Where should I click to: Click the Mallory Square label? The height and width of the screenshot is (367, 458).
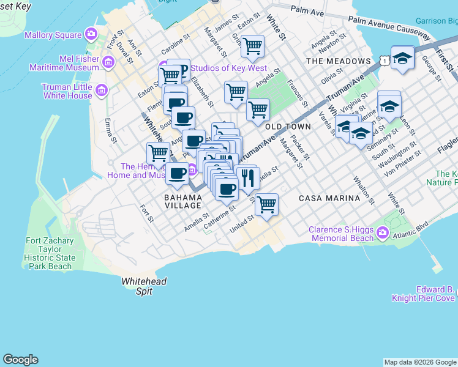[53, 35]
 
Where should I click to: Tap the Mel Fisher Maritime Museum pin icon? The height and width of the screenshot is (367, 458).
[108, 62]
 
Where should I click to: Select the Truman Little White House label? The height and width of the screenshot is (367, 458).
[67, 91]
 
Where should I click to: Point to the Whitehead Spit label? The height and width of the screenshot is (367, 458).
[144, 286]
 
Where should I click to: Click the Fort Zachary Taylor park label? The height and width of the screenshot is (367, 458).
[51, 253]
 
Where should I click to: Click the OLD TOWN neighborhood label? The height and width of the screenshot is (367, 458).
[288, 126]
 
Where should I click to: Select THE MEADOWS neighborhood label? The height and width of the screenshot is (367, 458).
[339, 61]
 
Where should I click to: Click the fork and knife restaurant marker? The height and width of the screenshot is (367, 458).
[247, 178]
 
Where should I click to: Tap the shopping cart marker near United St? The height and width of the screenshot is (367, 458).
[266, 205]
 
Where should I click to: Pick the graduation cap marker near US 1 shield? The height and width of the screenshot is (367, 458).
[402, 58]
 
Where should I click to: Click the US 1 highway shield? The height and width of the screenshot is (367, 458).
[383, 60]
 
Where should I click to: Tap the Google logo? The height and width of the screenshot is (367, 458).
[21, 360]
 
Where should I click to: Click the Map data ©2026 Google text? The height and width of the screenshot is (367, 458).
[419, 362]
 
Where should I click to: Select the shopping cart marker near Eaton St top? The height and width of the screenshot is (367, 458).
[252, 45]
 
